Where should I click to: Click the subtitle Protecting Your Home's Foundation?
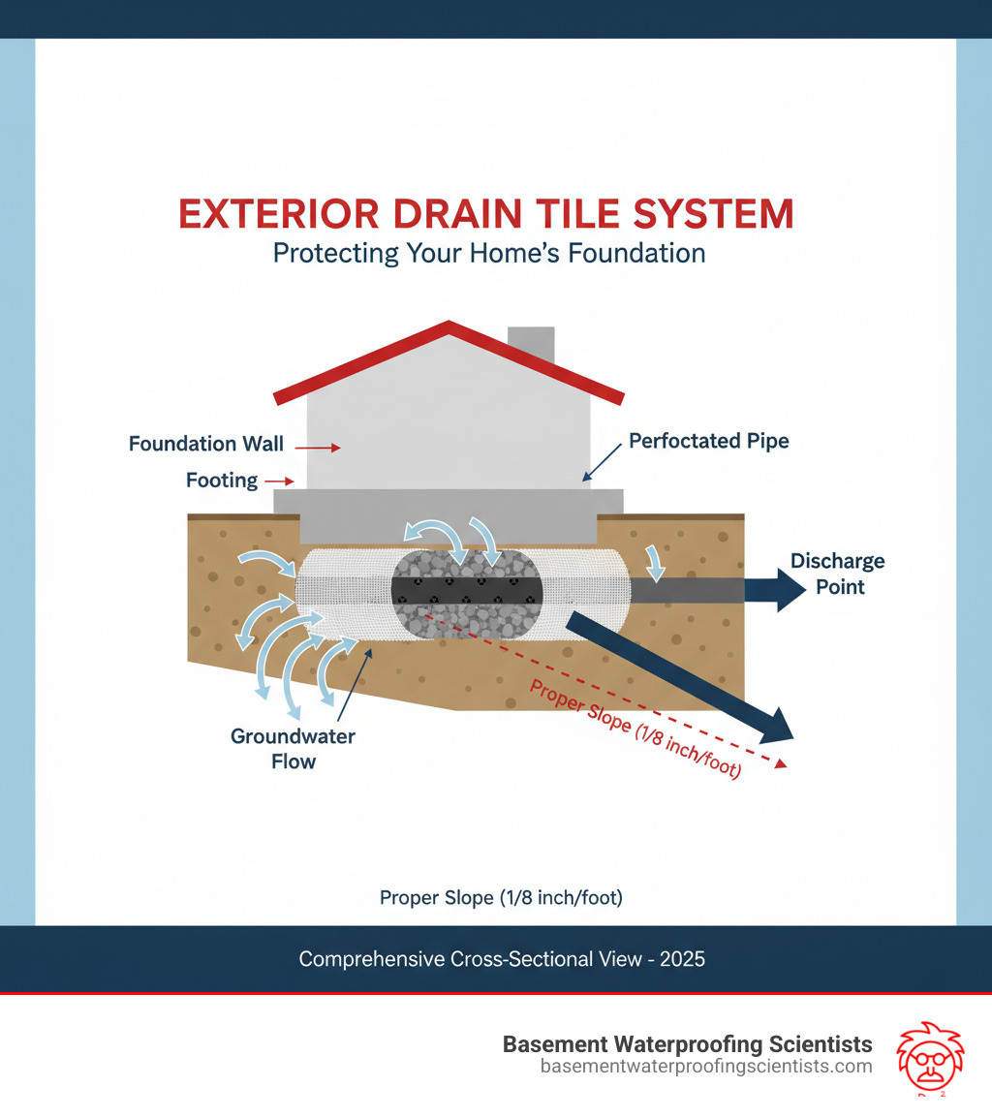pos(488,254)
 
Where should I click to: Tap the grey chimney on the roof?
pos(531,345)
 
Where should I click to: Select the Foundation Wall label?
pos(205,445)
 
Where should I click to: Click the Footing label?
pos(222,480)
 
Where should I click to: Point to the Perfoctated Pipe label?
pos(708,442)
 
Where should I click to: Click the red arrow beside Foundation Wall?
pos(318,448)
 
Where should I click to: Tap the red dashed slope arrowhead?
pos(781,764)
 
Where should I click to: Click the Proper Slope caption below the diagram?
pos(500,898)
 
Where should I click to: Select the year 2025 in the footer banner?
pos(682,960)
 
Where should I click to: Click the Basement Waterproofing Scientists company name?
pos(687,1044)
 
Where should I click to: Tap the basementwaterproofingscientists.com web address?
pos(705,1067)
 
